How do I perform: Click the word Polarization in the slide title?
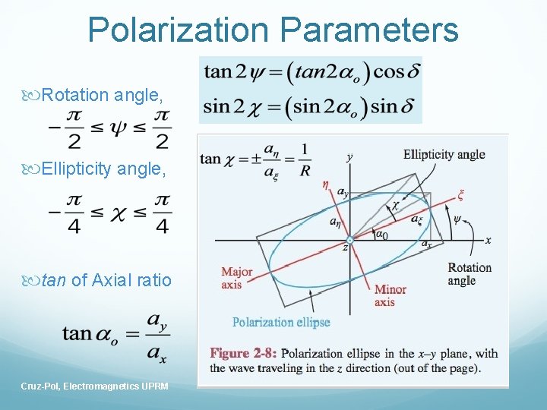(179, 30)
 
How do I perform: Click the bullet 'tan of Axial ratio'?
(106, 280)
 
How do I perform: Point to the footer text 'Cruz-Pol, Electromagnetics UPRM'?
(95, 386)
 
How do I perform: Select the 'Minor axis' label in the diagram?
(390, 295)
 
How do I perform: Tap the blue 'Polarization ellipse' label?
(281, 322)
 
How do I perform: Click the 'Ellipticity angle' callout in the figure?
(444, 155)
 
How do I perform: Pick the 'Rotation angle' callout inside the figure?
(470, 274)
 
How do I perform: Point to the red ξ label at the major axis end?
(460, 194)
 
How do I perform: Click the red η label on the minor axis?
(326, 183)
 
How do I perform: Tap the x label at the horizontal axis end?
(488, 240)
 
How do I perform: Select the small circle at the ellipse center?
(349, 240)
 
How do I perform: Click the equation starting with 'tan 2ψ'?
(311, 72)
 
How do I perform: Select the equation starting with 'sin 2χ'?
(311, 106)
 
